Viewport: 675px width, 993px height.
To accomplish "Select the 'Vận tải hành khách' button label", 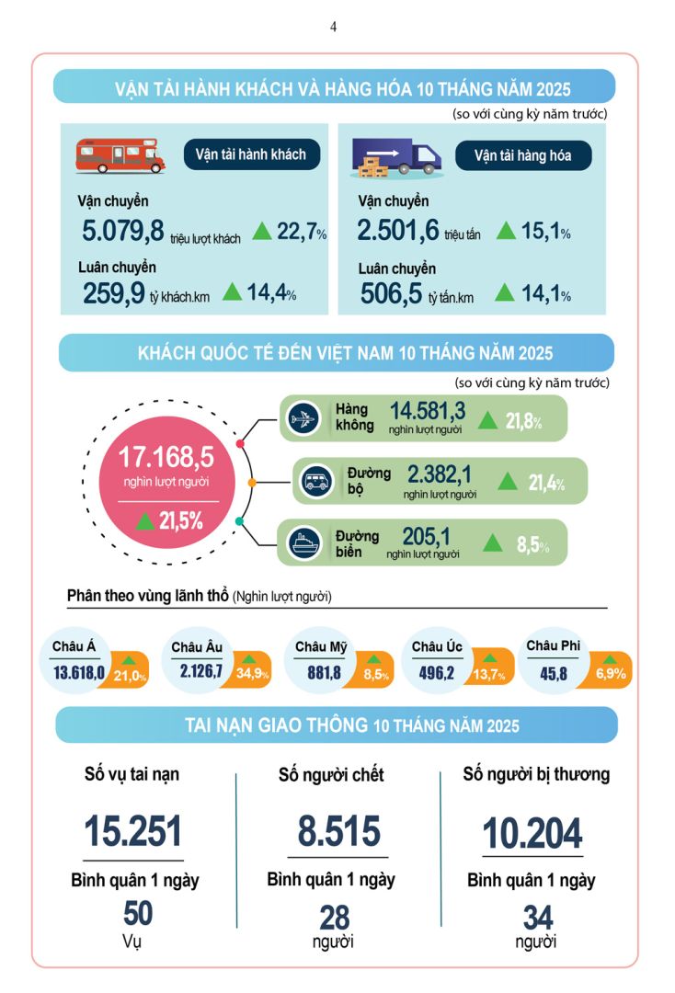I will coord(250,154).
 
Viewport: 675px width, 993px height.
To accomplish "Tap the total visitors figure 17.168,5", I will coord(166,456).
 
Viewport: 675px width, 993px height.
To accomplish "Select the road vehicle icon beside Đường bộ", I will coord(315,479).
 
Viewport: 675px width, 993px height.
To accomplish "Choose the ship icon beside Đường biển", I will coord(303,542).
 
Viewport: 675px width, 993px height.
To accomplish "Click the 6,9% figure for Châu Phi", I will coord(611,674).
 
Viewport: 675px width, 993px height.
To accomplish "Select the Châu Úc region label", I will coord(437,648).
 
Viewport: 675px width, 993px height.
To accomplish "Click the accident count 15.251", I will coord(133,830).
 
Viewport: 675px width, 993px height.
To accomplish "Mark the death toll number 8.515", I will coord(338,830).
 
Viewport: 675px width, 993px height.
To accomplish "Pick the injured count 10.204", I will coord(532,833).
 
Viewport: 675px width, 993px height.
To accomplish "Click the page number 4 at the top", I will coord(334,28).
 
